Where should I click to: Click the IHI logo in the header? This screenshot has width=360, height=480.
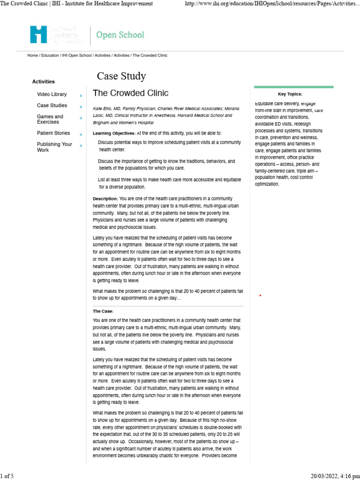38,35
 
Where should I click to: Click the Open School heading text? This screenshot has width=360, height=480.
120,35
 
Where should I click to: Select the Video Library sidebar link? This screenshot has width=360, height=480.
52,94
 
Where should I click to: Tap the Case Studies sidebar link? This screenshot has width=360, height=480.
52,105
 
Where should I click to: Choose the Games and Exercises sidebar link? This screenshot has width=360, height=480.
50,119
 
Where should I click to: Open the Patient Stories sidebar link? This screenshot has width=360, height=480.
53,133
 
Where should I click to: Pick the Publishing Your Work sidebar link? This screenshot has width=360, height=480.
54,147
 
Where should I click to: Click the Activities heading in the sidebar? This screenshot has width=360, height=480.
43,82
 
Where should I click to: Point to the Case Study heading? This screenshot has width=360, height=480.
121,76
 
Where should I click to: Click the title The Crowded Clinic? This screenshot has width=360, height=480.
131,93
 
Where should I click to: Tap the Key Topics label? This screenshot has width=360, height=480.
290,94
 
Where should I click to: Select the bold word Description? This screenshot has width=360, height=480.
105,199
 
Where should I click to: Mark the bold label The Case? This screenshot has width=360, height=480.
103,311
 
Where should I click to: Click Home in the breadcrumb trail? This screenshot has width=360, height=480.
32,55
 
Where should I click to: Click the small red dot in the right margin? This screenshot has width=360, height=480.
260,296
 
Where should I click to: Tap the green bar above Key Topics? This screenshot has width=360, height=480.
293,87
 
